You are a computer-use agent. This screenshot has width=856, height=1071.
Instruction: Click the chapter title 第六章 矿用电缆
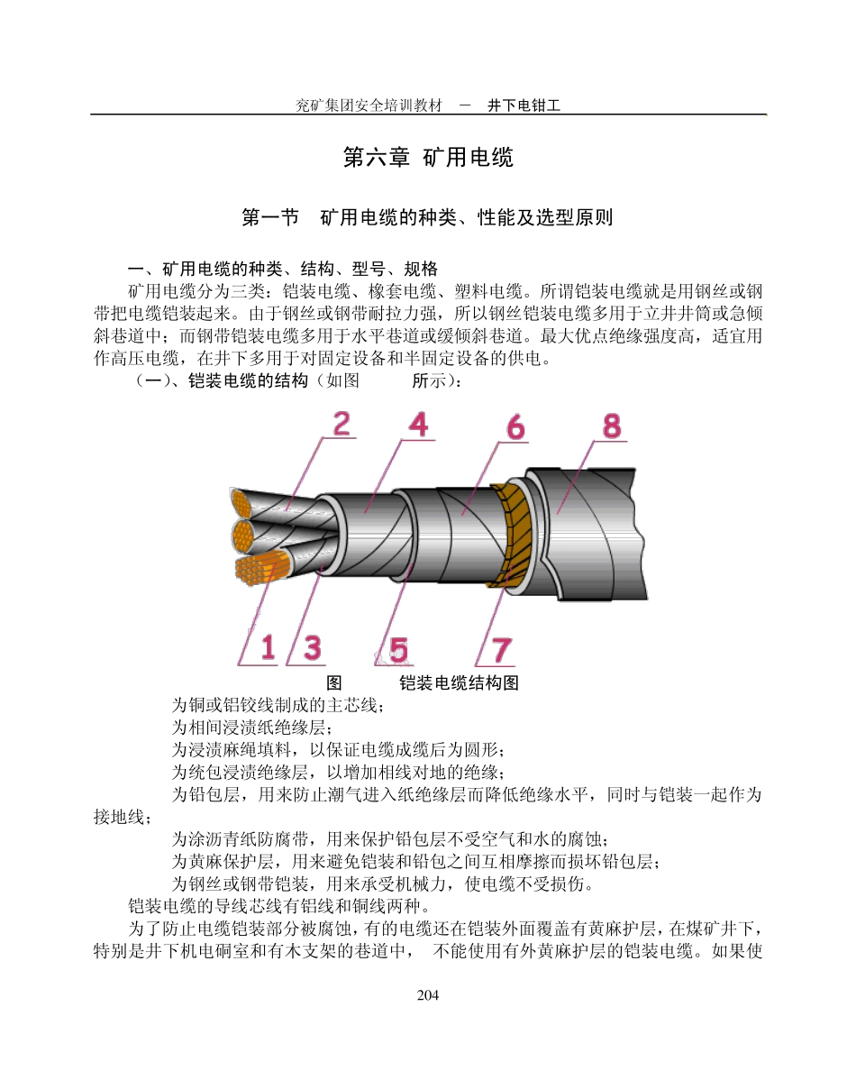[x=428, y=158]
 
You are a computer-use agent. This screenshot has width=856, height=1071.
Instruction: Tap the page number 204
[x=428, y=995]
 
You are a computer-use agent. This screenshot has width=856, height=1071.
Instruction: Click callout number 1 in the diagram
[x=268, y=647]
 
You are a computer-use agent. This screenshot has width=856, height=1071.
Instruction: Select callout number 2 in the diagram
[x=341, y=425]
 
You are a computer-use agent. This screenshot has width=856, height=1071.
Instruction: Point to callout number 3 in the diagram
[x=312, y=647]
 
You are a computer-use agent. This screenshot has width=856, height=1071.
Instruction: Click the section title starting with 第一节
[x=428, y=217]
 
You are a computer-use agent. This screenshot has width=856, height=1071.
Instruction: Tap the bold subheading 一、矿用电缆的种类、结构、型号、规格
[x=283, y=269]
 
